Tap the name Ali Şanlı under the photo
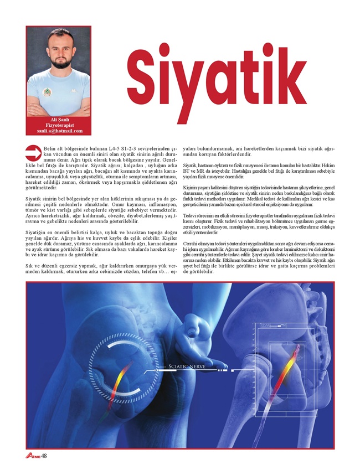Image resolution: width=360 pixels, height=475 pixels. point(59,120)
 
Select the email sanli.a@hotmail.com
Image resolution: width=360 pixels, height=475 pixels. point(59,132)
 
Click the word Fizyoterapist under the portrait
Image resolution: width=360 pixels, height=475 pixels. point(59,126)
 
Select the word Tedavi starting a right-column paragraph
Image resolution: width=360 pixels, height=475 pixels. point(189,215)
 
